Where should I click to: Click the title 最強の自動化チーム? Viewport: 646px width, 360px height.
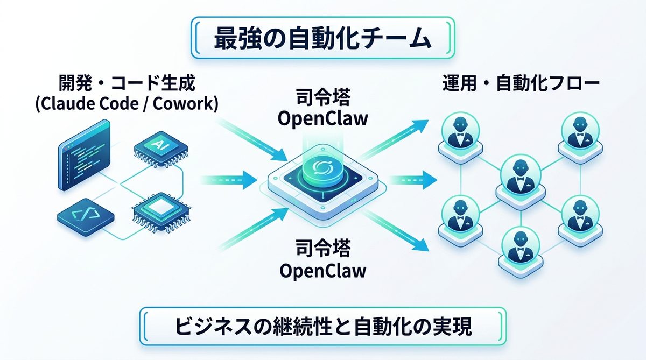coord(322,39)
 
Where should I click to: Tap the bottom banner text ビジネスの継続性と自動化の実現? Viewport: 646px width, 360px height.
coord(322,327)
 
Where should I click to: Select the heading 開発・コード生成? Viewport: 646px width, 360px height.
coord(127,83)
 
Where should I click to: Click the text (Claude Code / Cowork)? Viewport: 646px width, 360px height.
coord(127,104)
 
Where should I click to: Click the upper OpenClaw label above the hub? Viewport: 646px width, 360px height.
coord(322,118)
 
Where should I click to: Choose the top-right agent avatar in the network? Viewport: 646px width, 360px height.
coord(580,131)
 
